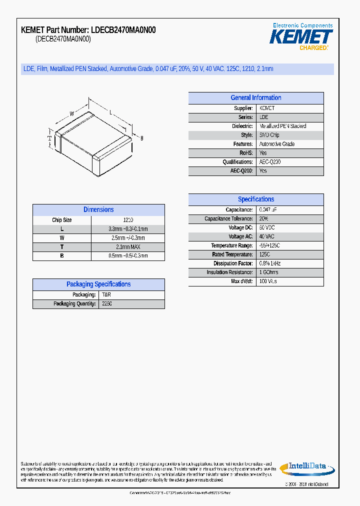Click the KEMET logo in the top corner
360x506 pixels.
301,37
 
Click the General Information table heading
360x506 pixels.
256,98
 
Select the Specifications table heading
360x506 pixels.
256,199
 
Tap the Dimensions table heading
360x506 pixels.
98,210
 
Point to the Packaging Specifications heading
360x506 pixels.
98,284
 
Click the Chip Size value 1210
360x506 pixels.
128,220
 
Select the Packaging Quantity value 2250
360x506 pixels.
107,304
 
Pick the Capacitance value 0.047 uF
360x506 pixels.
268,210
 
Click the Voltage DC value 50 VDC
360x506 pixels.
267,228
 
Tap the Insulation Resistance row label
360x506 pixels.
229,272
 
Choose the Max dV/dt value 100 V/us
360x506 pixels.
268,281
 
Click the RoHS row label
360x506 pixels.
246,153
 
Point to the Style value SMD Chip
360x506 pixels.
269,135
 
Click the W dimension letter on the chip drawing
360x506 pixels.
71,114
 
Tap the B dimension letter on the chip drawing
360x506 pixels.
141,138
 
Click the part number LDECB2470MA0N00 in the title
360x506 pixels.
123,30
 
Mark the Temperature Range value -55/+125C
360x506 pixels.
269,246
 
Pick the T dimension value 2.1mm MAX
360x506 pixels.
128,247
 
